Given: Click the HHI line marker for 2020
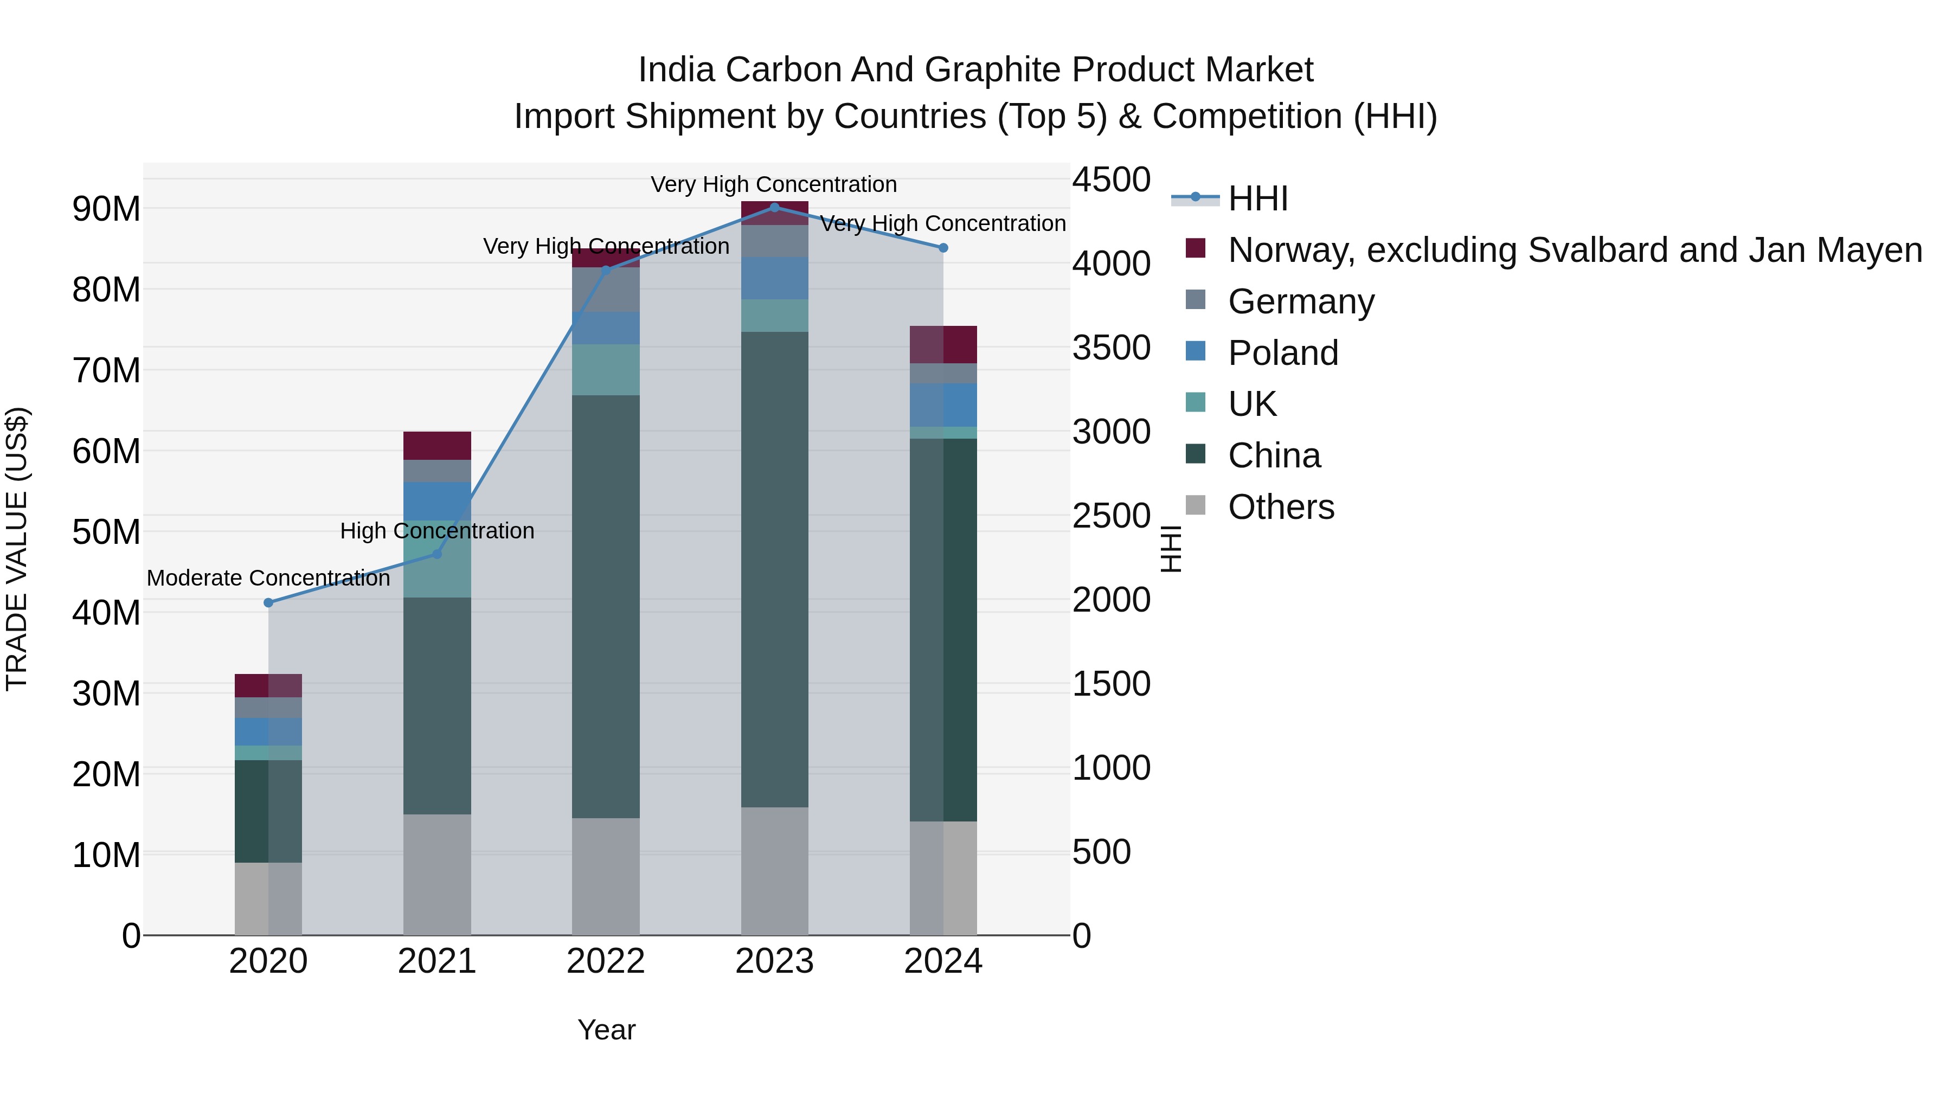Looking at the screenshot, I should (268, 602).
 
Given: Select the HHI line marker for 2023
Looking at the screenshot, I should (774, 207).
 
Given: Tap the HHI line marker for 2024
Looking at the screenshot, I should (943, 248).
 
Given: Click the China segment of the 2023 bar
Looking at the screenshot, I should (774, 568).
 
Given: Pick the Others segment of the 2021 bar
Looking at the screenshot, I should (437, 875).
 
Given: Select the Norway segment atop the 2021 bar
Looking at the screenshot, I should (437, 446).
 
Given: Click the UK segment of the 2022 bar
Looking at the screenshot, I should (606, 370).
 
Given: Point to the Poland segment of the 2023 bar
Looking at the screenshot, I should (774, 278).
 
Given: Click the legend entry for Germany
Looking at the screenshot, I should (1300, 301).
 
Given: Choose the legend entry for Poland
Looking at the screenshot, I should (1283, 353).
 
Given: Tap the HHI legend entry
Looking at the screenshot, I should (1258, 198).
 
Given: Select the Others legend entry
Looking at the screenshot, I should (1281, 507).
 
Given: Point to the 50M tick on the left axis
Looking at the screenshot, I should (106, 532).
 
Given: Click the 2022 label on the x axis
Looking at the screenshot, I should (606, 961).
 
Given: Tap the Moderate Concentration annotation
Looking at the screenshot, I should (268, 578).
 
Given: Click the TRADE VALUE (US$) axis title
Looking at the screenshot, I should (17, 549).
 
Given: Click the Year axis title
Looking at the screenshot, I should (606, 1030).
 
